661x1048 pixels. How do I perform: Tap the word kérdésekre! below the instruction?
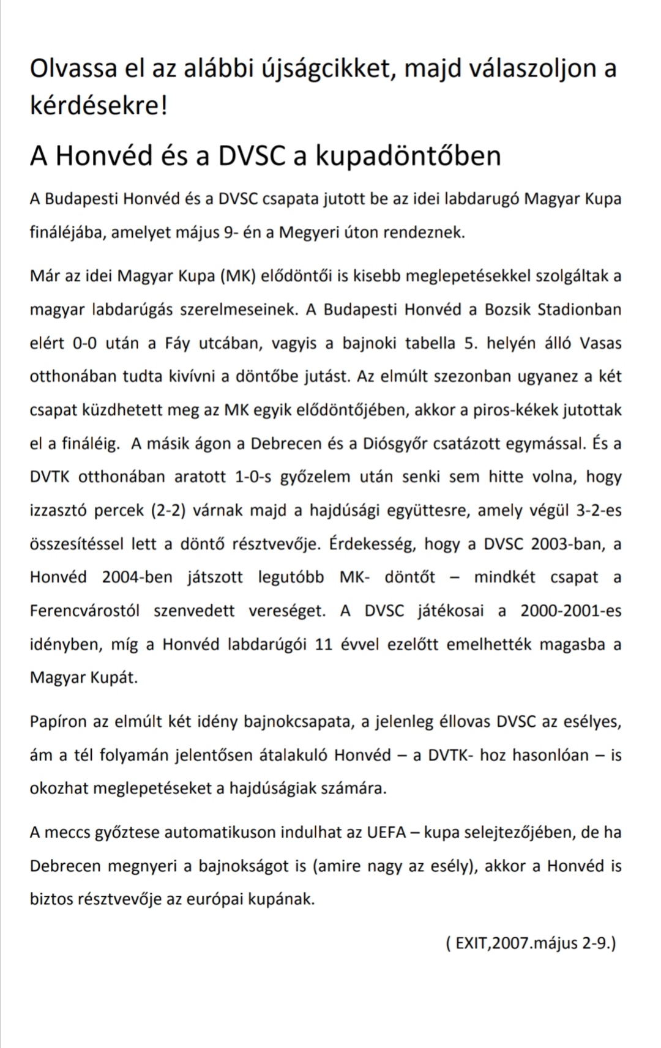(x=99, y=106)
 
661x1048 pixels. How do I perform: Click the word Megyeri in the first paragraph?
(x=309, y=232)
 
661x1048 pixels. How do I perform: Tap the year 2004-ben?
(x=137, y=577)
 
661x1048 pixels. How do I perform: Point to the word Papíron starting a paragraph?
(x=58, y=722)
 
